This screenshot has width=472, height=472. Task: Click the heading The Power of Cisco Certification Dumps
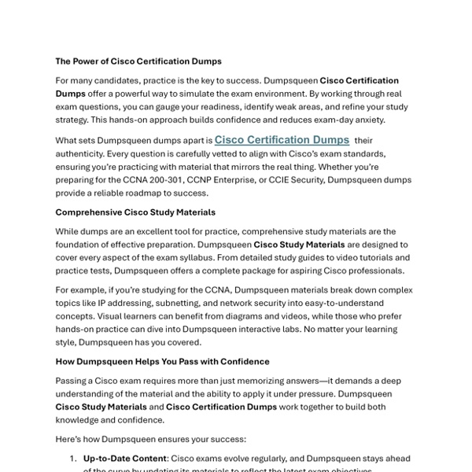point(138,61)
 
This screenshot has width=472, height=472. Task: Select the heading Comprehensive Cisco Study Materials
point(135,212)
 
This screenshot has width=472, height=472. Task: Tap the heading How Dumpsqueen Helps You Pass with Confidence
point(162,361)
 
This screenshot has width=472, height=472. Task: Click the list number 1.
point(72,458)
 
